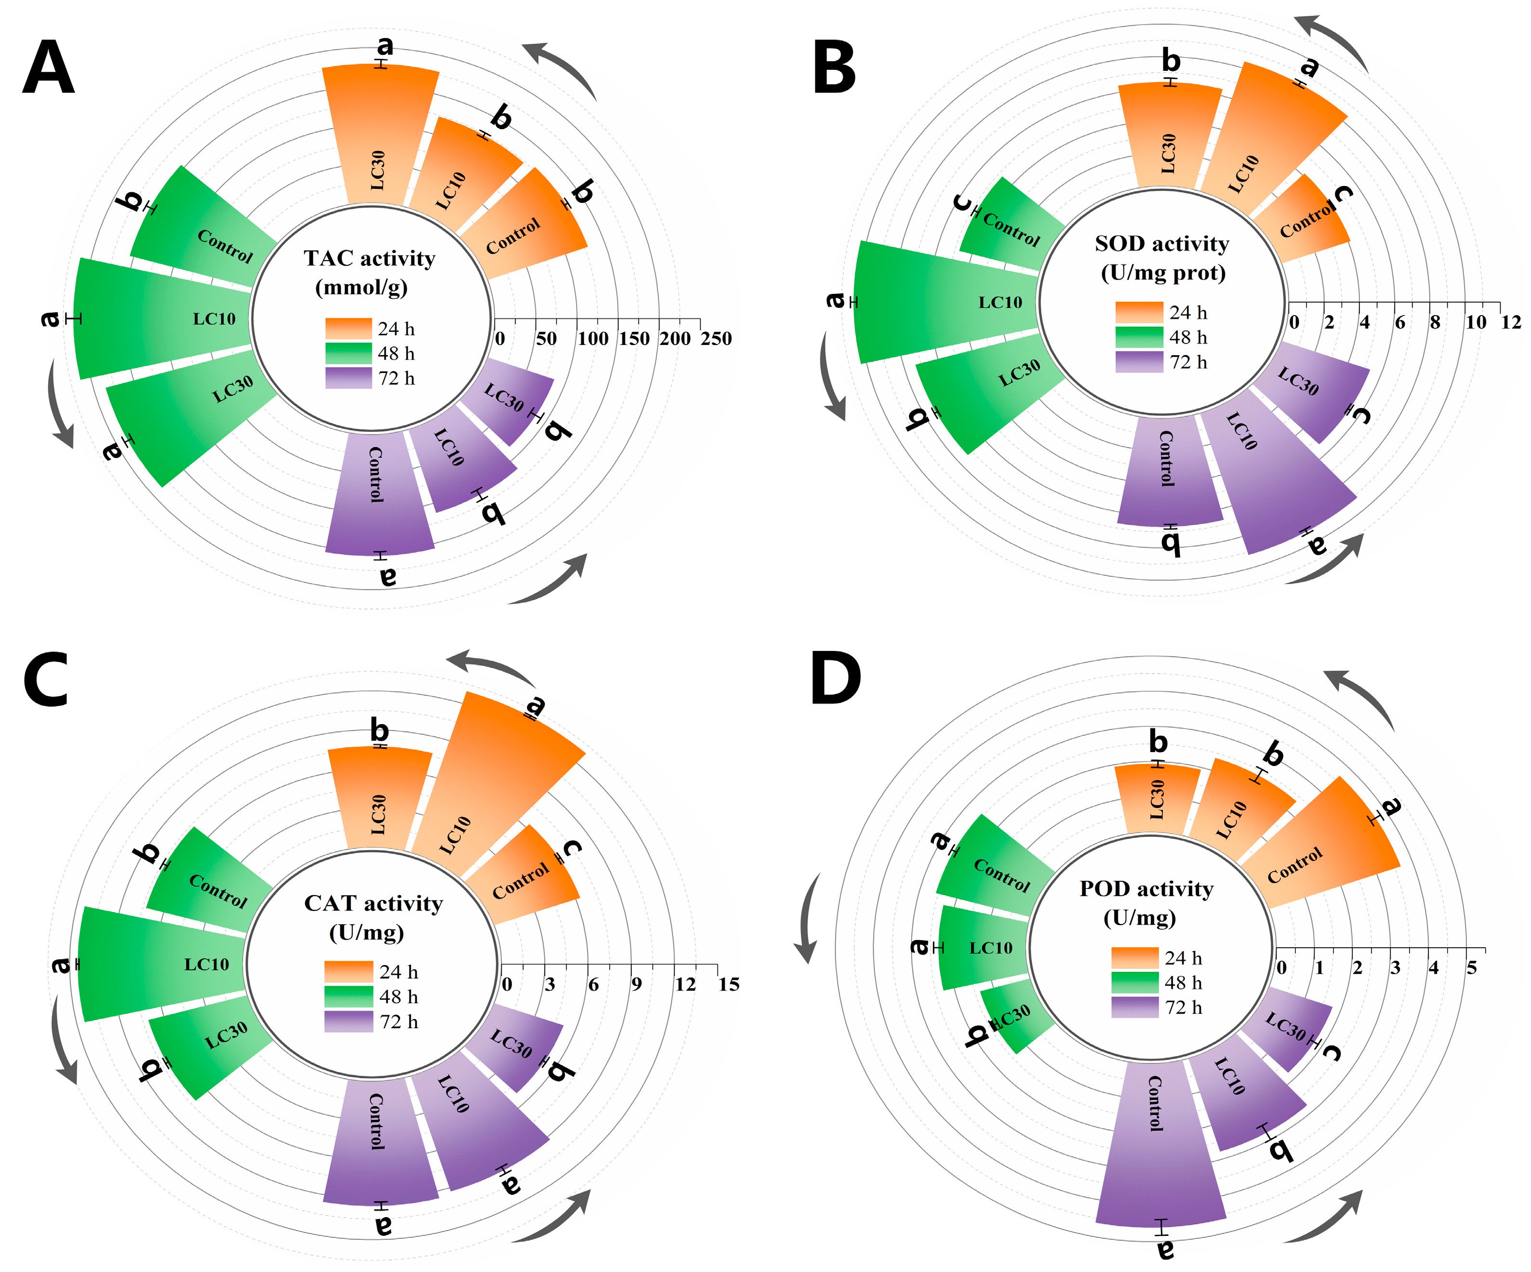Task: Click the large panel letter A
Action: tap(48, 68)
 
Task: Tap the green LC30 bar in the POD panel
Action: tap(1017, 1017)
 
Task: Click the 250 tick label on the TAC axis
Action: tap(716, 339)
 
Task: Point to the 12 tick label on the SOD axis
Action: tap(1511, 322)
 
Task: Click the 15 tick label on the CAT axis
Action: tap(728, 985)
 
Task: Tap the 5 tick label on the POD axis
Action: tap(1471, 968)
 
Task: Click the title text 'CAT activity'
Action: tap(373, 904)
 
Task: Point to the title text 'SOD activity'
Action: tap(1161, 243)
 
